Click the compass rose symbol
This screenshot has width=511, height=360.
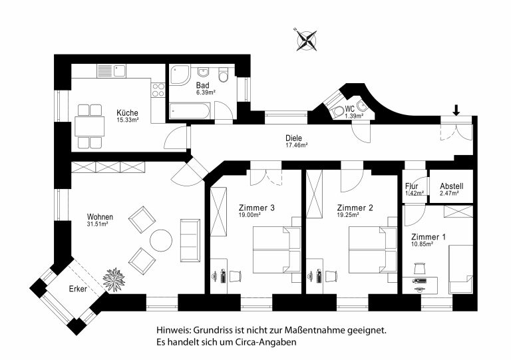point(307,41)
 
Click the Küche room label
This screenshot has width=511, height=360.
point(128,113)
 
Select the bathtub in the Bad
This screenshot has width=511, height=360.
point(189,110)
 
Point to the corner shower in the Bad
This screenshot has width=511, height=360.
point(179,75)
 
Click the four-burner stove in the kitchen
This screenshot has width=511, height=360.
point(158,90)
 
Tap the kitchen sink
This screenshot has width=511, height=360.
point(119,71)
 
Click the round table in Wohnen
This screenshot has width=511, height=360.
point(160,240)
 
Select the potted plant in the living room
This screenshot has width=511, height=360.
point(114,279)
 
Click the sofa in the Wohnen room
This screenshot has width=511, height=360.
point(190,240)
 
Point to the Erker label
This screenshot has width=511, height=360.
point(78,289)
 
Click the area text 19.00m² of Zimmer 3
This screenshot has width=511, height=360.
point(250,215)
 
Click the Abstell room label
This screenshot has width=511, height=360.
point(451,186)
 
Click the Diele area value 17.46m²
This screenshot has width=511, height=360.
point(297,145)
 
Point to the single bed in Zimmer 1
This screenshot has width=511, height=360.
point(461,269)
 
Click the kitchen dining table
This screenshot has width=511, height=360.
point(90,126)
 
